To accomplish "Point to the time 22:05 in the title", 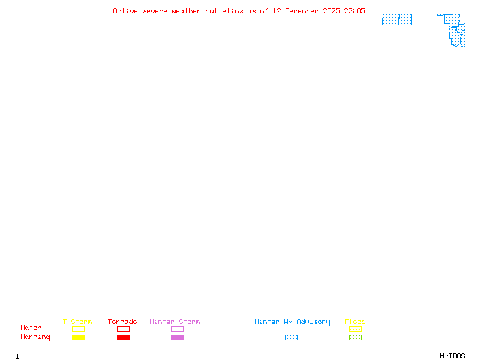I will coord(354,11).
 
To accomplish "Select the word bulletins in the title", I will coord(224,11).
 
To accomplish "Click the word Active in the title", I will coord(126,11).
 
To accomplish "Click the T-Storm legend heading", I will coord(77,322).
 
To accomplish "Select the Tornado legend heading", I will coord(122,322).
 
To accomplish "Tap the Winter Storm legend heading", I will coord(175,322).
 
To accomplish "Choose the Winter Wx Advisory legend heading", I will coord(292,322).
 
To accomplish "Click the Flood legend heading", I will coord(355,322).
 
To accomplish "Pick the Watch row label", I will coord(31,328).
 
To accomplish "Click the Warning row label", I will coord(35,337).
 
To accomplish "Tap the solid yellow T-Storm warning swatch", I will coord(78,338).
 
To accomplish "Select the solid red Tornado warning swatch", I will coord(123,338).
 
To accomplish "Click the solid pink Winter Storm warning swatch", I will coord(177,338).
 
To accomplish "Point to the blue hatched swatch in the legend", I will coord(291,338).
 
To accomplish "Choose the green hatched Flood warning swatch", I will coord(355,338).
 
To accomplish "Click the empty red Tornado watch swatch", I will coord(123,329).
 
